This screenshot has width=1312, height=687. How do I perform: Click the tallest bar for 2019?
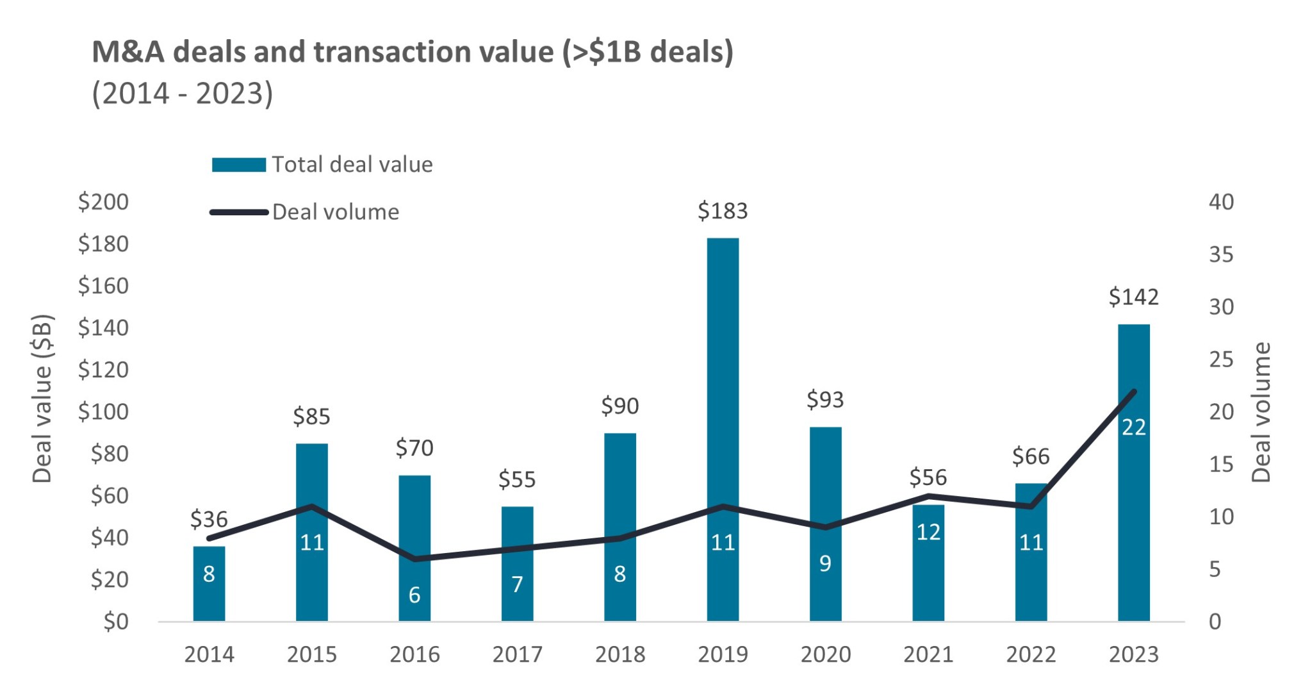[723, 385]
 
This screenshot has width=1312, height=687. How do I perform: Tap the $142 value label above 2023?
[1133, 297]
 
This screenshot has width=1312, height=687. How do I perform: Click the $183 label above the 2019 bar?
[723, 211]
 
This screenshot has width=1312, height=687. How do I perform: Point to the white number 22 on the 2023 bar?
[1133, 427]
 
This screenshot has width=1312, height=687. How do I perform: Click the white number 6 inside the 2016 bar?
[414, 595]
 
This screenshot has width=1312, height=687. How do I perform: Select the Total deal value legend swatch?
[238, 165]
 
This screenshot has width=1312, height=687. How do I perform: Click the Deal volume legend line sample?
[238, 212]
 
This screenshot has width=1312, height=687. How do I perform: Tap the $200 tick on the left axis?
[103, 202]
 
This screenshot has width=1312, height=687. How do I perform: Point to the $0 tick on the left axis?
[116, 622]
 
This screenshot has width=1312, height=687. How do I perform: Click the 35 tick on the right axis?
[1221, 255]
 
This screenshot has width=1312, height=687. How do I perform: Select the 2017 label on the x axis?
[517, 655]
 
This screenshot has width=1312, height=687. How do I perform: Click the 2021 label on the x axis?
[928, 655]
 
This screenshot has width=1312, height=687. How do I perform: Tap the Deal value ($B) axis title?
[42, 399]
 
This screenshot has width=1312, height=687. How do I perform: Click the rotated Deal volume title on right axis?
[1261, 412]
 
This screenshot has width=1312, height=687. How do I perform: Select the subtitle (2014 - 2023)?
[183, 94]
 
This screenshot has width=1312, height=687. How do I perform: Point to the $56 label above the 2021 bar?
[928, 478]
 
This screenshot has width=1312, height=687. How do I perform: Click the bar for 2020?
[825, 487]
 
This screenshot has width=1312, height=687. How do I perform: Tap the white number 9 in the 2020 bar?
[825, 564]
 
